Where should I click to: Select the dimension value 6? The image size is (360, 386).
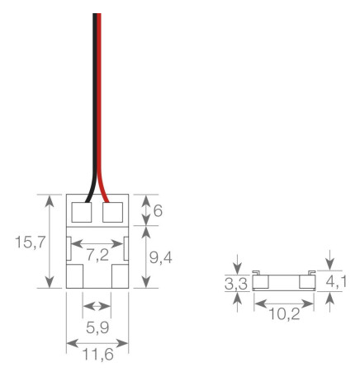[158, 210]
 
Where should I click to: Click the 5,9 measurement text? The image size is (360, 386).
[98, 327]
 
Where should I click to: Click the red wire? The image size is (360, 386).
[102, 99]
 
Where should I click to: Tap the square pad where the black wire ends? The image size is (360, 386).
[83, 213]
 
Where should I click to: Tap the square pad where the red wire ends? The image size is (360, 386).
[114, 213]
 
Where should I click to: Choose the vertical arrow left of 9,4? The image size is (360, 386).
[146, 257]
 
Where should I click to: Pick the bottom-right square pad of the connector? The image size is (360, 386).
[121, 275]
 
